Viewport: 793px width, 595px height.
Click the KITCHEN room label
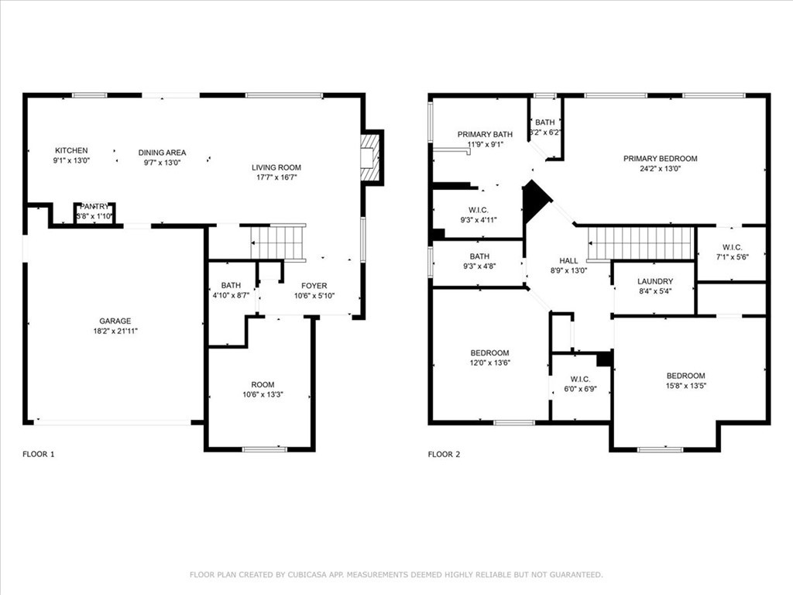[x=71, y=150]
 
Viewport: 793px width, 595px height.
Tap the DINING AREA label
[x=162, y=153]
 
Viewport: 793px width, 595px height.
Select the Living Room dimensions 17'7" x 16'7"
[x=276, y=177]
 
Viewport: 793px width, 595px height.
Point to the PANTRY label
[x=94, y=206]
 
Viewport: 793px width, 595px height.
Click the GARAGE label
[x=115, y=321]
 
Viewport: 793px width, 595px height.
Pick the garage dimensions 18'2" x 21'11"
[x=115, y=331]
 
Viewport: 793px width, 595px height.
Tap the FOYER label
[x=314, y=286]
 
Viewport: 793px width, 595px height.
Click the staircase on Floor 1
[x=278, y=242]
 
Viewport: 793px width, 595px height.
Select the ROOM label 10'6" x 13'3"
[x=263, y=385]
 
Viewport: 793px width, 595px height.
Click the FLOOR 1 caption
[x=39, y=454]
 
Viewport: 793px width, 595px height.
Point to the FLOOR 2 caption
[x=444, y=454]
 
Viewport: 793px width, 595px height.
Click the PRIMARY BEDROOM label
[x=660, y=159]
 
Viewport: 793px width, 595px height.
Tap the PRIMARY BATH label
[x=485, y=134]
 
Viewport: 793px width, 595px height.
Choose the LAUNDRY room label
[x=654, y=281]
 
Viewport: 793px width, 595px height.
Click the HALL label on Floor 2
[x=568, y=261]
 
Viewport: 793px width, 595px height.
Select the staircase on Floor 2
[x=641, y=243]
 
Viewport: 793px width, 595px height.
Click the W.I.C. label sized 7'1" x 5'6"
[x=731, y=247]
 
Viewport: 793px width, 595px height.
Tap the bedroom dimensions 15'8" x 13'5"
[x=685, y=386]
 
